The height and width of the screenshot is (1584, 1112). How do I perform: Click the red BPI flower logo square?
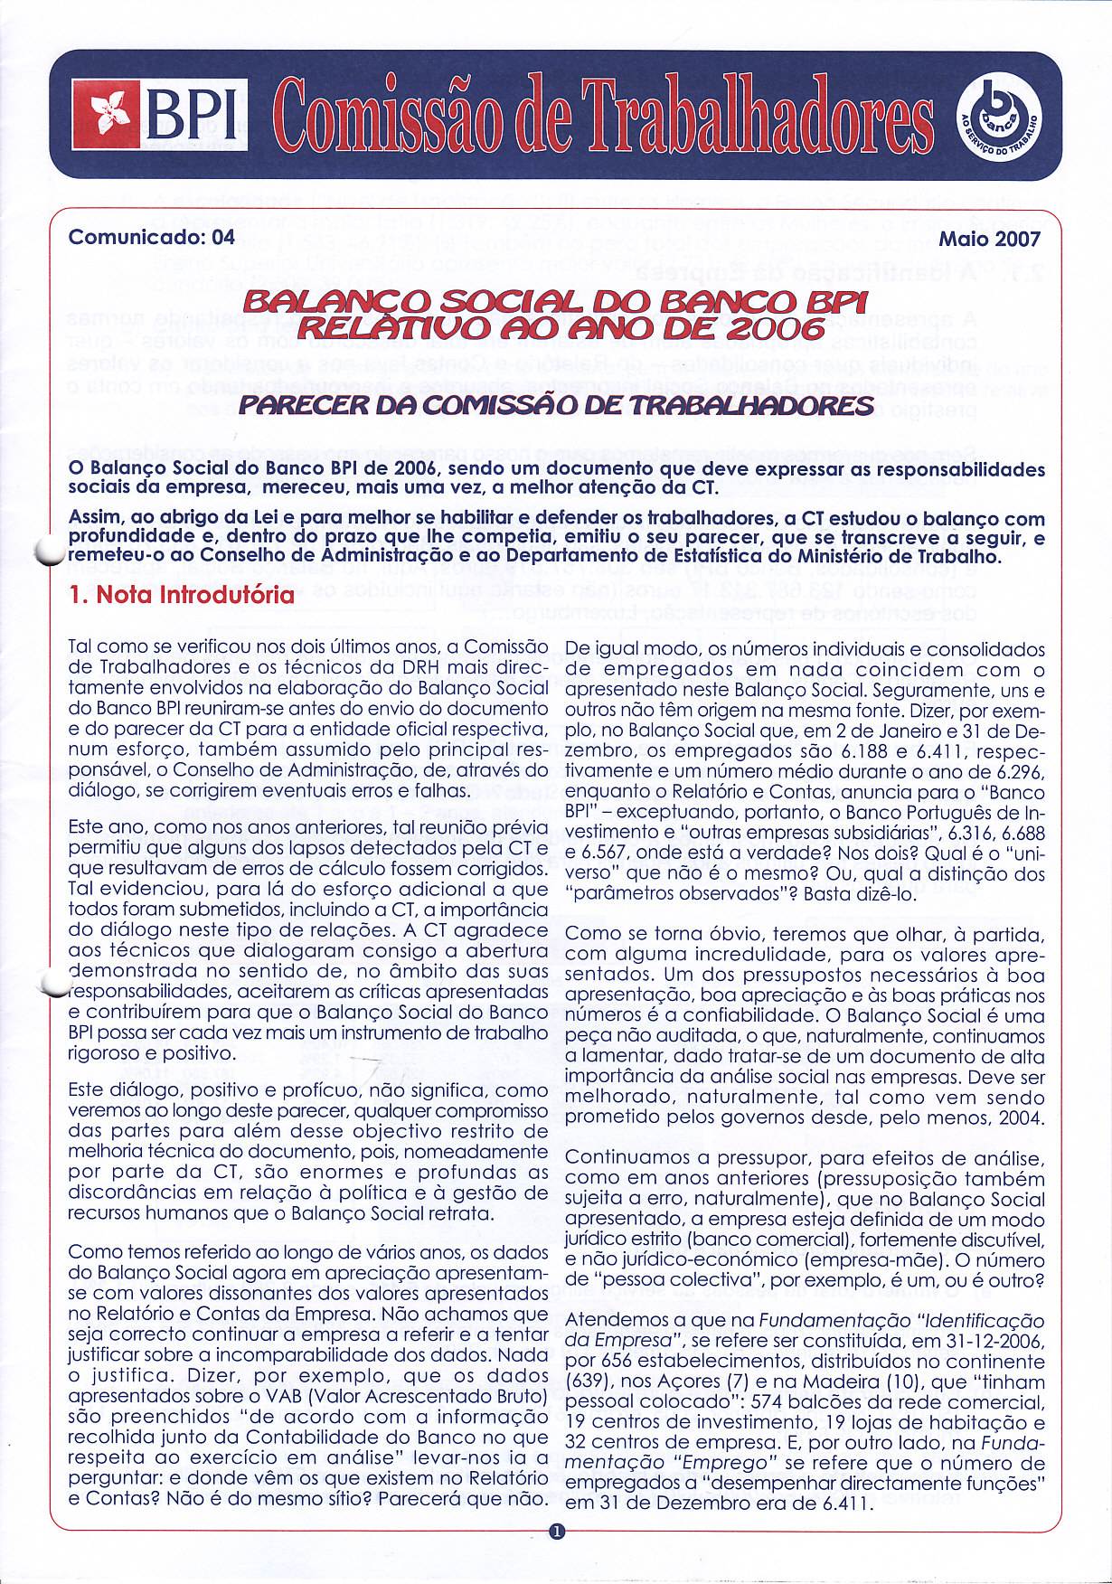(x=106, y=114)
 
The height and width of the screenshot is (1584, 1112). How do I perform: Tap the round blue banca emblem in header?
(x=997, y=116)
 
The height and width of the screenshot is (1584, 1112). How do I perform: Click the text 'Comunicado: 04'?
(x=152, y=237)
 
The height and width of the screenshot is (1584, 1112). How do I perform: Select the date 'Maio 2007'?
(x=990, y=239)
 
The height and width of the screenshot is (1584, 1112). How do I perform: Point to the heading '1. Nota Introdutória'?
(x=182, y=595)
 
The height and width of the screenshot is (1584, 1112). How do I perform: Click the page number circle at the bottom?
(x=556, y=1532)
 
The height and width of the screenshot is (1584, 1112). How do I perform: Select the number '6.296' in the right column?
(x=1018, y=771)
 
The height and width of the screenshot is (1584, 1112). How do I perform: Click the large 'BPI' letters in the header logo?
(x=194, y=116)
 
